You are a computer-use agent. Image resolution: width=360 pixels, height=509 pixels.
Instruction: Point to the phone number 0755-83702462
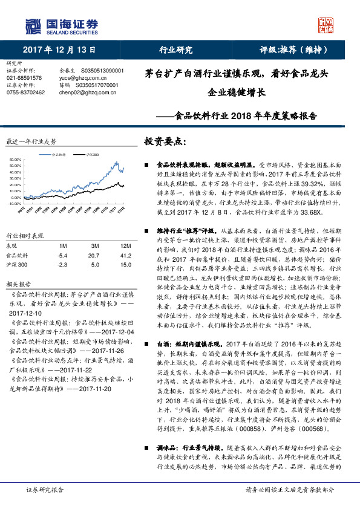click(x=24, y=92)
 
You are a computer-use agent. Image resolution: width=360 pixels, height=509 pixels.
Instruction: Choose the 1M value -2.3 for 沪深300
click(x=61, y=265)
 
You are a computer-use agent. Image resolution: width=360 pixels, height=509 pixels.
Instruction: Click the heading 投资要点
click(x=165, y=141)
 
